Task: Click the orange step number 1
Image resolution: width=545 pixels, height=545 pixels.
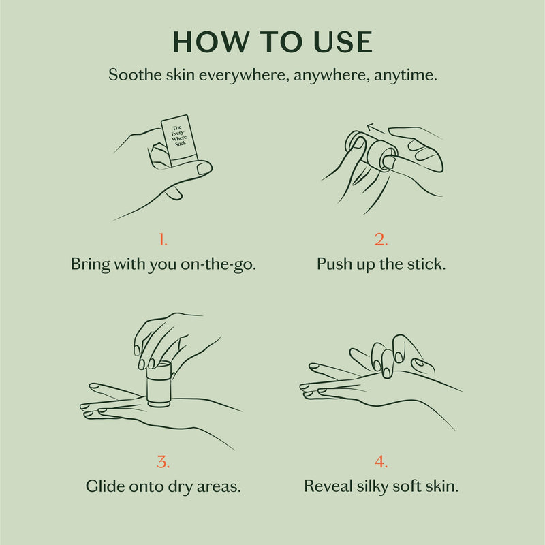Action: coord(163,239)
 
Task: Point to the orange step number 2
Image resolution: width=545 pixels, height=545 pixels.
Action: coord(381,239)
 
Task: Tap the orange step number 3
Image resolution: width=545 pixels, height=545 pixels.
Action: coord(163,461)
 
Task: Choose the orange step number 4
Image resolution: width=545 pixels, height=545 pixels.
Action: coord(381,461)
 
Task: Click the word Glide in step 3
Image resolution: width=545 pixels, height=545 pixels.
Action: coord(104,486)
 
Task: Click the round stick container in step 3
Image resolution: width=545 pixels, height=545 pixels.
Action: coord(159,385)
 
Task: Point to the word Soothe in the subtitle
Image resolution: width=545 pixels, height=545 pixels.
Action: coord(134,76)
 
